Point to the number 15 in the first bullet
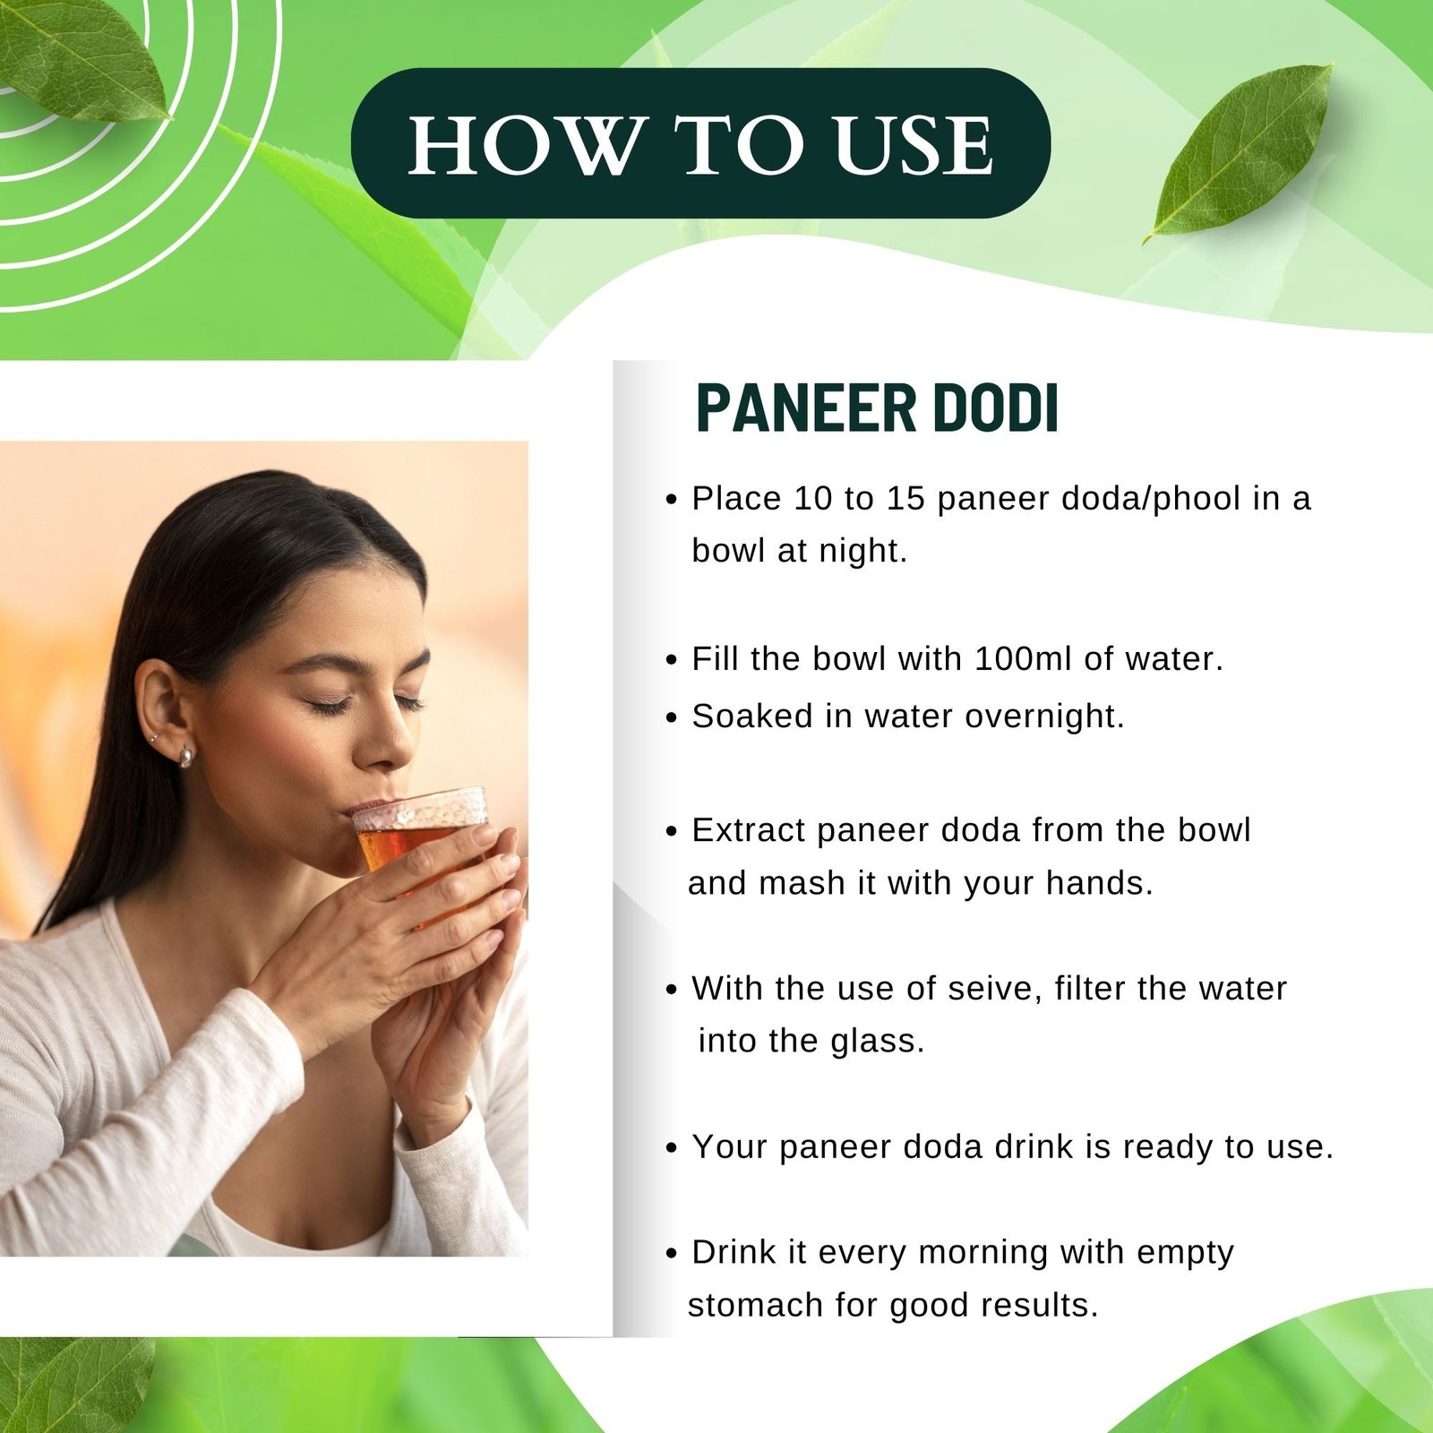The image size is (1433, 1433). (905, 499)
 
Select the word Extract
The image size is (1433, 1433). (749, 830)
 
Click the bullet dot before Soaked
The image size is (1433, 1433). (672, 718)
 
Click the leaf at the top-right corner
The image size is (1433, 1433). (1240, 150)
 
